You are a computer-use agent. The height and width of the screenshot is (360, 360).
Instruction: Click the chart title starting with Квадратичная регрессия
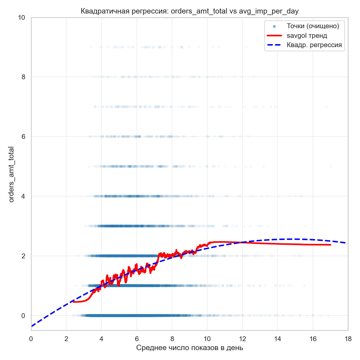190,11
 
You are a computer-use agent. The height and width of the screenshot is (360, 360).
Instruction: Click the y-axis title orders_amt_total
11,174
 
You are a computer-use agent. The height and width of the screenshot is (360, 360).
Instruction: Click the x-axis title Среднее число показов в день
190,348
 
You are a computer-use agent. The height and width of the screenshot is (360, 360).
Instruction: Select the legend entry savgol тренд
307,36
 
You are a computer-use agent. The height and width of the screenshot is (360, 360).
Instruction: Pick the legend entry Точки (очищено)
313,26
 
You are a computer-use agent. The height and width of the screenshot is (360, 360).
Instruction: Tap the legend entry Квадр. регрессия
314,45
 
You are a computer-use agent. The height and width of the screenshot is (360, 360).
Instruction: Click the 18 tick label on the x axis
348,338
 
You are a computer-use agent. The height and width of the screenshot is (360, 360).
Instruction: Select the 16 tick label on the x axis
313,338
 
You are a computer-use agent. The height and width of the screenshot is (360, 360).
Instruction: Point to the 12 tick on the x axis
242,338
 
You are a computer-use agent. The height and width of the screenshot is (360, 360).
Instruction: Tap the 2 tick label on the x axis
66,338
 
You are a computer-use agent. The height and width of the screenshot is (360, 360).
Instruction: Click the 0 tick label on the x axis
31,338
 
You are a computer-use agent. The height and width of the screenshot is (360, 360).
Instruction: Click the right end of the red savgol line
330,245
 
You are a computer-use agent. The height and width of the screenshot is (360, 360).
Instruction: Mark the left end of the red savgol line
74,302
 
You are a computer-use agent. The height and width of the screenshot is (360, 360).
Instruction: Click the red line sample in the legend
274,36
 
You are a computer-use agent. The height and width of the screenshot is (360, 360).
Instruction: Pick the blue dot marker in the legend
274,26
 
